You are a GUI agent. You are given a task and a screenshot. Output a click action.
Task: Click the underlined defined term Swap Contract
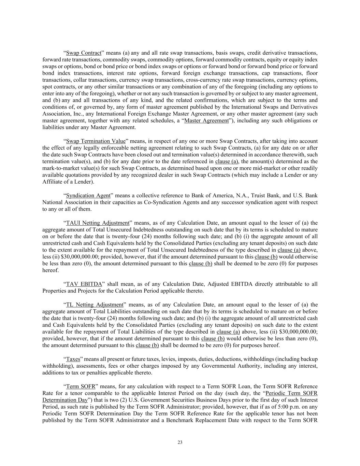(x=84, y=53)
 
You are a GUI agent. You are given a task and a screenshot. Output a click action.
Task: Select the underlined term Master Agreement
(x=206, y=121)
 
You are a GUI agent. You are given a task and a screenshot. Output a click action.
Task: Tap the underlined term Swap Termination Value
(x=96, y=141)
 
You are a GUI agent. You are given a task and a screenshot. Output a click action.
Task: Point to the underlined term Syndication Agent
(x=88, y=196)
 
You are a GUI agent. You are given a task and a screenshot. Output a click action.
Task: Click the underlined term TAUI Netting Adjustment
(x=98, y=223)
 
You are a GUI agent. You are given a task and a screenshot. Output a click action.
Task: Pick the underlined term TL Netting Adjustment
(x=95, y=305)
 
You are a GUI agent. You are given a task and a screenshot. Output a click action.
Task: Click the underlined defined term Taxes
(x=73, y=359)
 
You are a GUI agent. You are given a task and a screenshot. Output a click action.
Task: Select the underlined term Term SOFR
(x=81, y=386)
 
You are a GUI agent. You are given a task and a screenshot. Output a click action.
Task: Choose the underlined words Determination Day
(x=65, y=400)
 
